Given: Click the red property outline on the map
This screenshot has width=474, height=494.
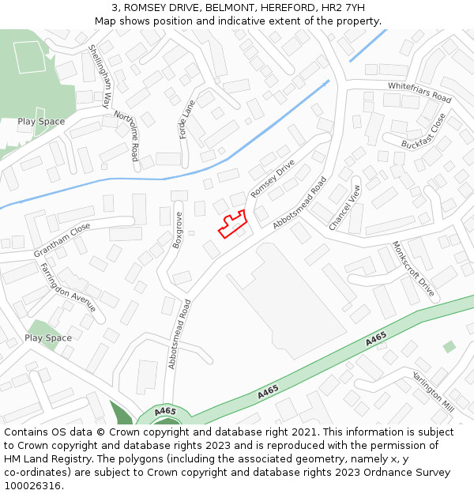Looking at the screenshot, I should point(231,225).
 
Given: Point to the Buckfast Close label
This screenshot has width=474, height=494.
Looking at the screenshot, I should point(423,131).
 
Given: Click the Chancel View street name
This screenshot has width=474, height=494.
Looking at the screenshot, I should point(344,207).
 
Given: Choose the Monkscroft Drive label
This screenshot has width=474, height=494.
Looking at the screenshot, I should point(413,269).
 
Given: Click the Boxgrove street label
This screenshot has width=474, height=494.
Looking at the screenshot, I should point(178,230).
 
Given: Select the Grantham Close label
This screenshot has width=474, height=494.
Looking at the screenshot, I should point(62,239).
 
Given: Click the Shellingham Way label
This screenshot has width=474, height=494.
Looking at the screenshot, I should point(100,76).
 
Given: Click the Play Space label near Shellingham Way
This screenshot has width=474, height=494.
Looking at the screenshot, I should point(41,122).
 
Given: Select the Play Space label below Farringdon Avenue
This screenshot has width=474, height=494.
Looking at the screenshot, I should point(47,338).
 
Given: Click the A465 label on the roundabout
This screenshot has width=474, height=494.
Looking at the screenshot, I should point(165,412).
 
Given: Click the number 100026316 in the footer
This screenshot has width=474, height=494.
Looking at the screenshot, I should point(32,486).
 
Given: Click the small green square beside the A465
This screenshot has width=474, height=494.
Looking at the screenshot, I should point(450,346).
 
